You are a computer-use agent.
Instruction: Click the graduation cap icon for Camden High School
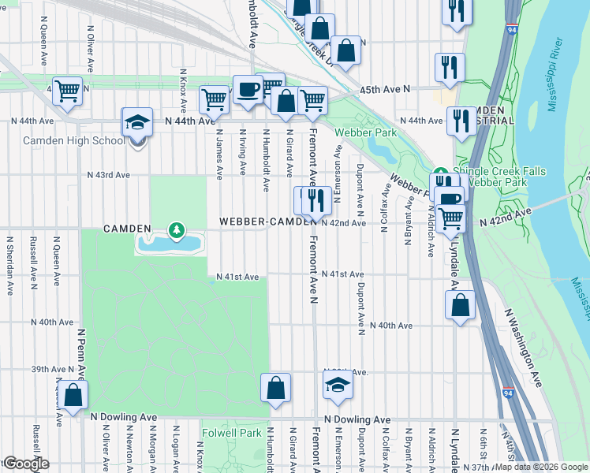[136, 123]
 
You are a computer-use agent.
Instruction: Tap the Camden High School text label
[73, 141]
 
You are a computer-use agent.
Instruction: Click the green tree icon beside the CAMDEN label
[177, 230]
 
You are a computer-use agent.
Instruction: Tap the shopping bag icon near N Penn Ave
[73, 397]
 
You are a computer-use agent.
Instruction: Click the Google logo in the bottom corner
[25, 464]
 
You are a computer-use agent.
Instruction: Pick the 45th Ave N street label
[386, 90]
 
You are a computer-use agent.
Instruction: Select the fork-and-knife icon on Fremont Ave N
[316, 201]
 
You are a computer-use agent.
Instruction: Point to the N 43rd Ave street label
[108, 174]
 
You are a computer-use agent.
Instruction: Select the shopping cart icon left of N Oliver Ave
[68, 91]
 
